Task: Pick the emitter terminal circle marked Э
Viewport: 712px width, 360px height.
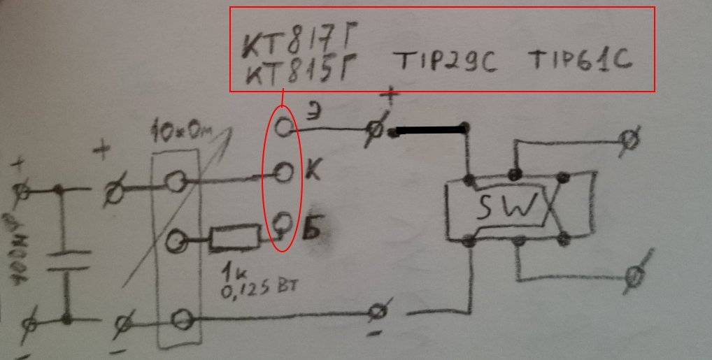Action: coord(284,127)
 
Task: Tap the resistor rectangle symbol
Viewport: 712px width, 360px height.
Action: coord(235,239)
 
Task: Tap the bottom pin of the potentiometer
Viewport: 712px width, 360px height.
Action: coord(182,319)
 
